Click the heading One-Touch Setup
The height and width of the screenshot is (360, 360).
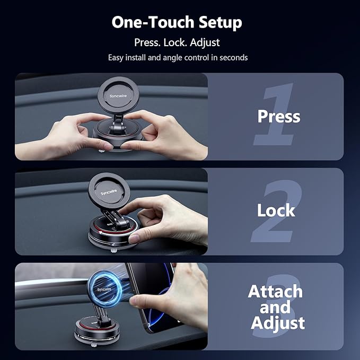[177, 22]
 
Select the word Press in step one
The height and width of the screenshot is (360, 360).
[279, 116]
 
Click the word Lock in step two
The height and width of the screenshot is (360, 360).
[276, 210]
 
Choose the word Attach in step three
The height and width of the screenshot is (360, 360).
[275, 291]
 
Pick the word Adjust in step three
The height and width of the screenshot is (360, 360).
[278, 323]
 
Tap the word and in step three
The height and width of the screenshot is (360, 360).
[275, 307]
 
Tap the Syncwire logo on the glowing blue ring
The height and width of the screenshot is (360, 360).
[106, 289]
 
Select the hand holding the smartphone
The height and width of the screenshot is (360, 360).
[191, 297]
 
